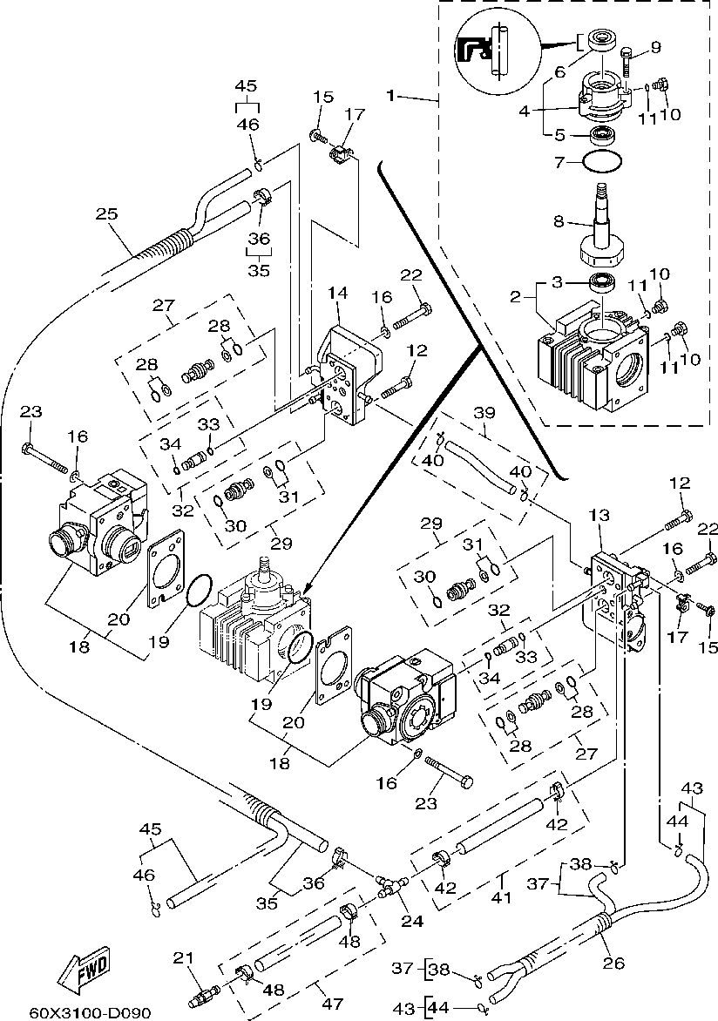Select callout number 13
599,517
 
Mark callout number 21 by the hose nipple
181,958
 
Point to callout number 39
484,411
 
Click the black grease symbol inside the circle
470,50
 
